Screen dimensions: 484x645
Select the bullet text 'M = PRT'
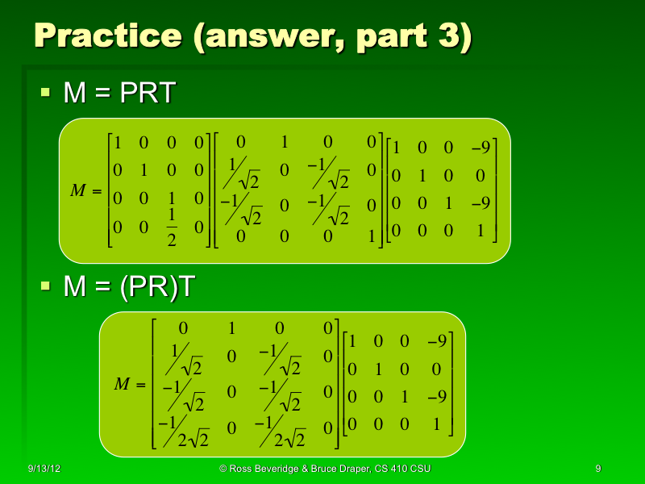(119, 94)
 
